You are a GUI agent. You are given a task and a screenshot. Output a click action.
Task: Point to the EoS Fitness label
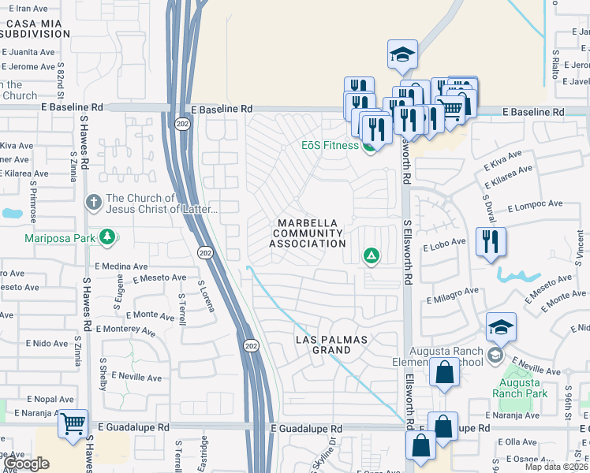330,145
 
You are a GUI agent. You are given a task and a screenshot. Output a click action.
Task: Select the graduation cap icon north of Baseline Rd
402,54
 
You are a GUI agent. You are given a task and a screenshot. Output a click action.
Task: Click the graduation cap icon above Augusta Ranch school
502,326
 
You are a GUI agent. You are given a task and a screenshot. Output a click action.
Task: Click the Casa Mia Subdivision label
36,29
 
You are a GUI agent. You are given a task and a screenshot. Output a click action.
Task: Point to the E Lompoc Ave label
536,205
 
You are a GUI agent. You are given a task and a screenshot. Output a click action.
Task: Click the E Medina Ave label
121,266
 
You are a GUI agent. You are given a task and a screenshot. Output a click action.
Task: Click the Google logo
26,464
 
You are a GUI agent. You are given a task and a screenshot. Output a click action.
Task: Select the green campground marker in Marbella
371,255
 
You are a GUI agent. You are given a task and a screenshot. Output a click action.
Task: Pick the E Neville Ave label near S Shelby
141,378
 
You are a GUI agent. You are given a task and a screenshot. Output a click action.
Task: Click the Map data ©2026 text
556,466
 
